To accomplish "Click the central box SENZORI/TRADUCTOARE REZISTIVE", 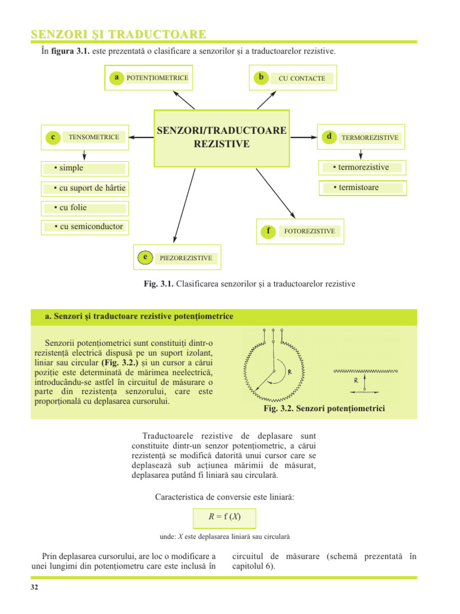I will point(222,138).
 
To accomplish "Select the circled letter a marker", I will point(116,77).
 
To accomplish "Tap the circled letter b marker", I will point(261,77).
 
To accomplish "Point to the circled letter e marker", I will point(144,257).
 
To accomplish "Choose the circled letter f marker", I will point(268,231).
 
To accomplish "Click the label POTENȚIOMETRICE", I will point(157,77).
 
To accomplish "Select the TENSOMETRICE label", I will point(94,137).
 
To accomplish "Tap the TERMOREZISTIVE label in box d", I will point(370,138).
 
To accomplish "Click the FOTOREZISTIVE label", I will point(309,231).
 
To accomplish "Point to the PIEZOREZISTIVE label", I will point(186,258).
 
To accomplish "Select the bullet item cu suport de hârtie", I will point(89,189).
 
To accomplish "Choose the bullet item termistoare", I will point(359,188).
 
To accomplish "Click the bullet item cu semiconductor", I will point(88,227).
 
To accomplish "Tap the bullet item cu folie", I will point(70,208).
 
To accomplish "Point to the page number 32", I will point(34,587).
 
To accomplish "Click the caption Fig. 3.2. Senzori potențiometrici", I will point(324,408).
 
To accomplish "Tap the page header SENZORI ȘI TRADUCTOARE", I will point(119,34).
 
